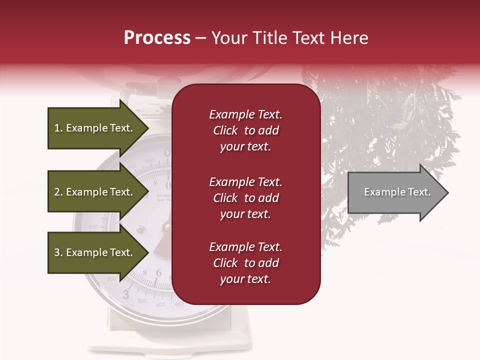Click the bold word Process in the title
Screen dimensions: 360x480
click(157, 38)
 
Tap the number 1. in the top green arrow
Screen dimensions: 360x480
click(58, 128)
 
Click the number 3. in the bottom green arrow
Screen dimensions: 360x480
click(58, 252)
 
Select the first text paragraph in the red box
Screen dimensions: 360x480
click(245, 130)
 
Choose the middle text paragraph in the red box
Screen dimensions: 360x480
click(245, 198)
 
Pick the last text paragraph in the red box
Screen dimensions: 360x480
click(245, 263)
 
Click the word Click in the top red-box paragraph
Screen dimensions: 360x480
click(225, 131)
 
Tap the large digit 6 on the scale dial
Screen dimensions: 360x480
click(158, 272)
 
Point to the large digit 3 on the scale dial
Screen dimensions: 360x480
click(126, 295)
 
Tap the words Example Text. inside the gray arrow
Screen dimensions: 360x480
click(397, 192)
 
